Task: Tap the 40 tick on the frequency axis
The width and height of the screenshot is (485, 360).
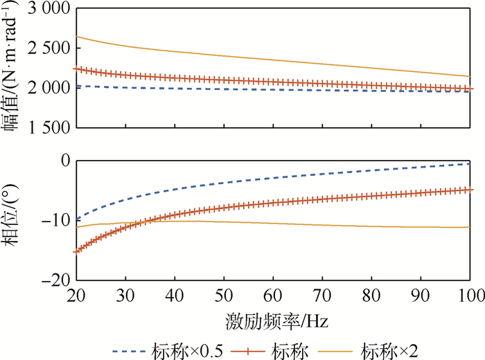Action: coord(175,296)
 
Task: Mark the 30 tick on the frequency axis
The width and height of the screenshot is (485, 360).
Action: coord(125,296)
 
